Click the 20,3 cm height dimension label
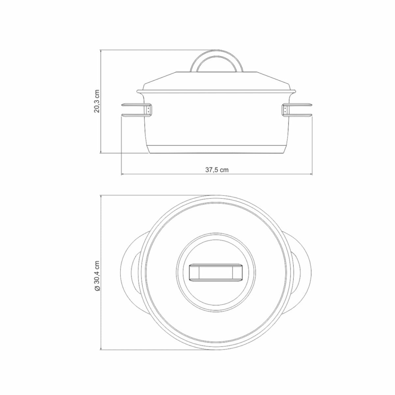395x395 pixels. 96,101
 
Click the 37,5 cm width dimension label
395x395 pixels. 217,170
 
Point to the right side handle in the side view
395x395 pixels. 298,111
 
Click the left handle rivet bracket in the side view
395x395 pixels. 149,110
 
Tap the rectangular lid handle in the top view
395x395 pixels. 216,273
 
